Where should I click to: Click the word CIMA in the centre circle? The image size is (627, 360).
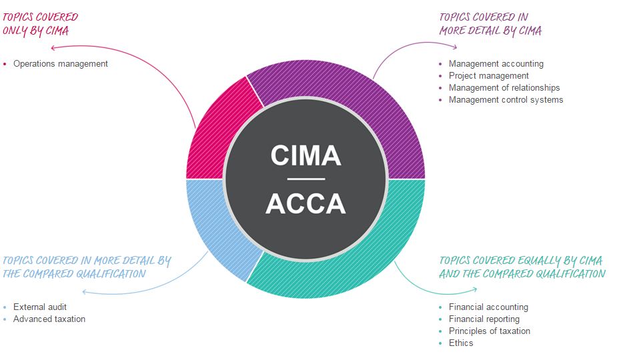pyautogui.click(x=305, y=155)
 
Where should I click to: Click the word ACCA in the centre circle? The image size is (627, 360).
pyautogui.click(x=305, y=203)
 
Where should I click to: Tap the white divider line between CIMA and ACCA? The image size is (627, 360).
pyautogui.click(x=305, y=179)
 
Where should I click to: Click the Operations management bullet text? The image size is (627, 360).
pyautogui.click(x=60, y=64)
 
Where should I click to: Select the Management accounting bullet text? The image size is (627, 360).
pyautogui.click(x=496, y=64)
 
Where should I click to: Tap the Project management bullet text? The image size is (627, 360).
pyautogui.click(x=488, y=76)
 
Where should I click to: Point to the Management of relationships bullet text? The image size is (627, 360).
pyautogui.click(x=504, y=88)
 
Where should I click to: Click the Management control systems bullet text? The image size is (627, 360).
pyautogui.click(x=506, y=100)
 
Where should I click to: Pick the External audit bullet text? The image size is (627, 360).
pyautogui.click(x=40, y=307)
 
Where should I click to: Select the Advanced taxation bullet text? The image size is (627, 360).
pyautogui.click(x=49, y=319)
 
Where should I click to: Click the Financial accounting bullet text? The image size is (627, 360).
pyautogui.click(x=488, y=307)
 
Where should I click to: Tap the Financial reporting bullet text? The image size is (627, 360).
pyautogui.click(x=484, y=319)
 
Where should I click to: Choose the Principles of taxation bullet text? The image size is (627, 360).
pyautogui.click(x=489, y=331)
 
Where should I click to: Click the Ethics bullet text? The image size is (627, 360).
pyautogui.click(x=461, y=343)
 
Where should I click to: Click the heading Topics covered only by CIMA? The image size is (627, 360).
pyautogui.click(x=40, y=23)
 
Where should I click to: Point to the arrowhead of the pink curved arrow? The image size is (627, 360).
pyautogui.click(x=53, y=48)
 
